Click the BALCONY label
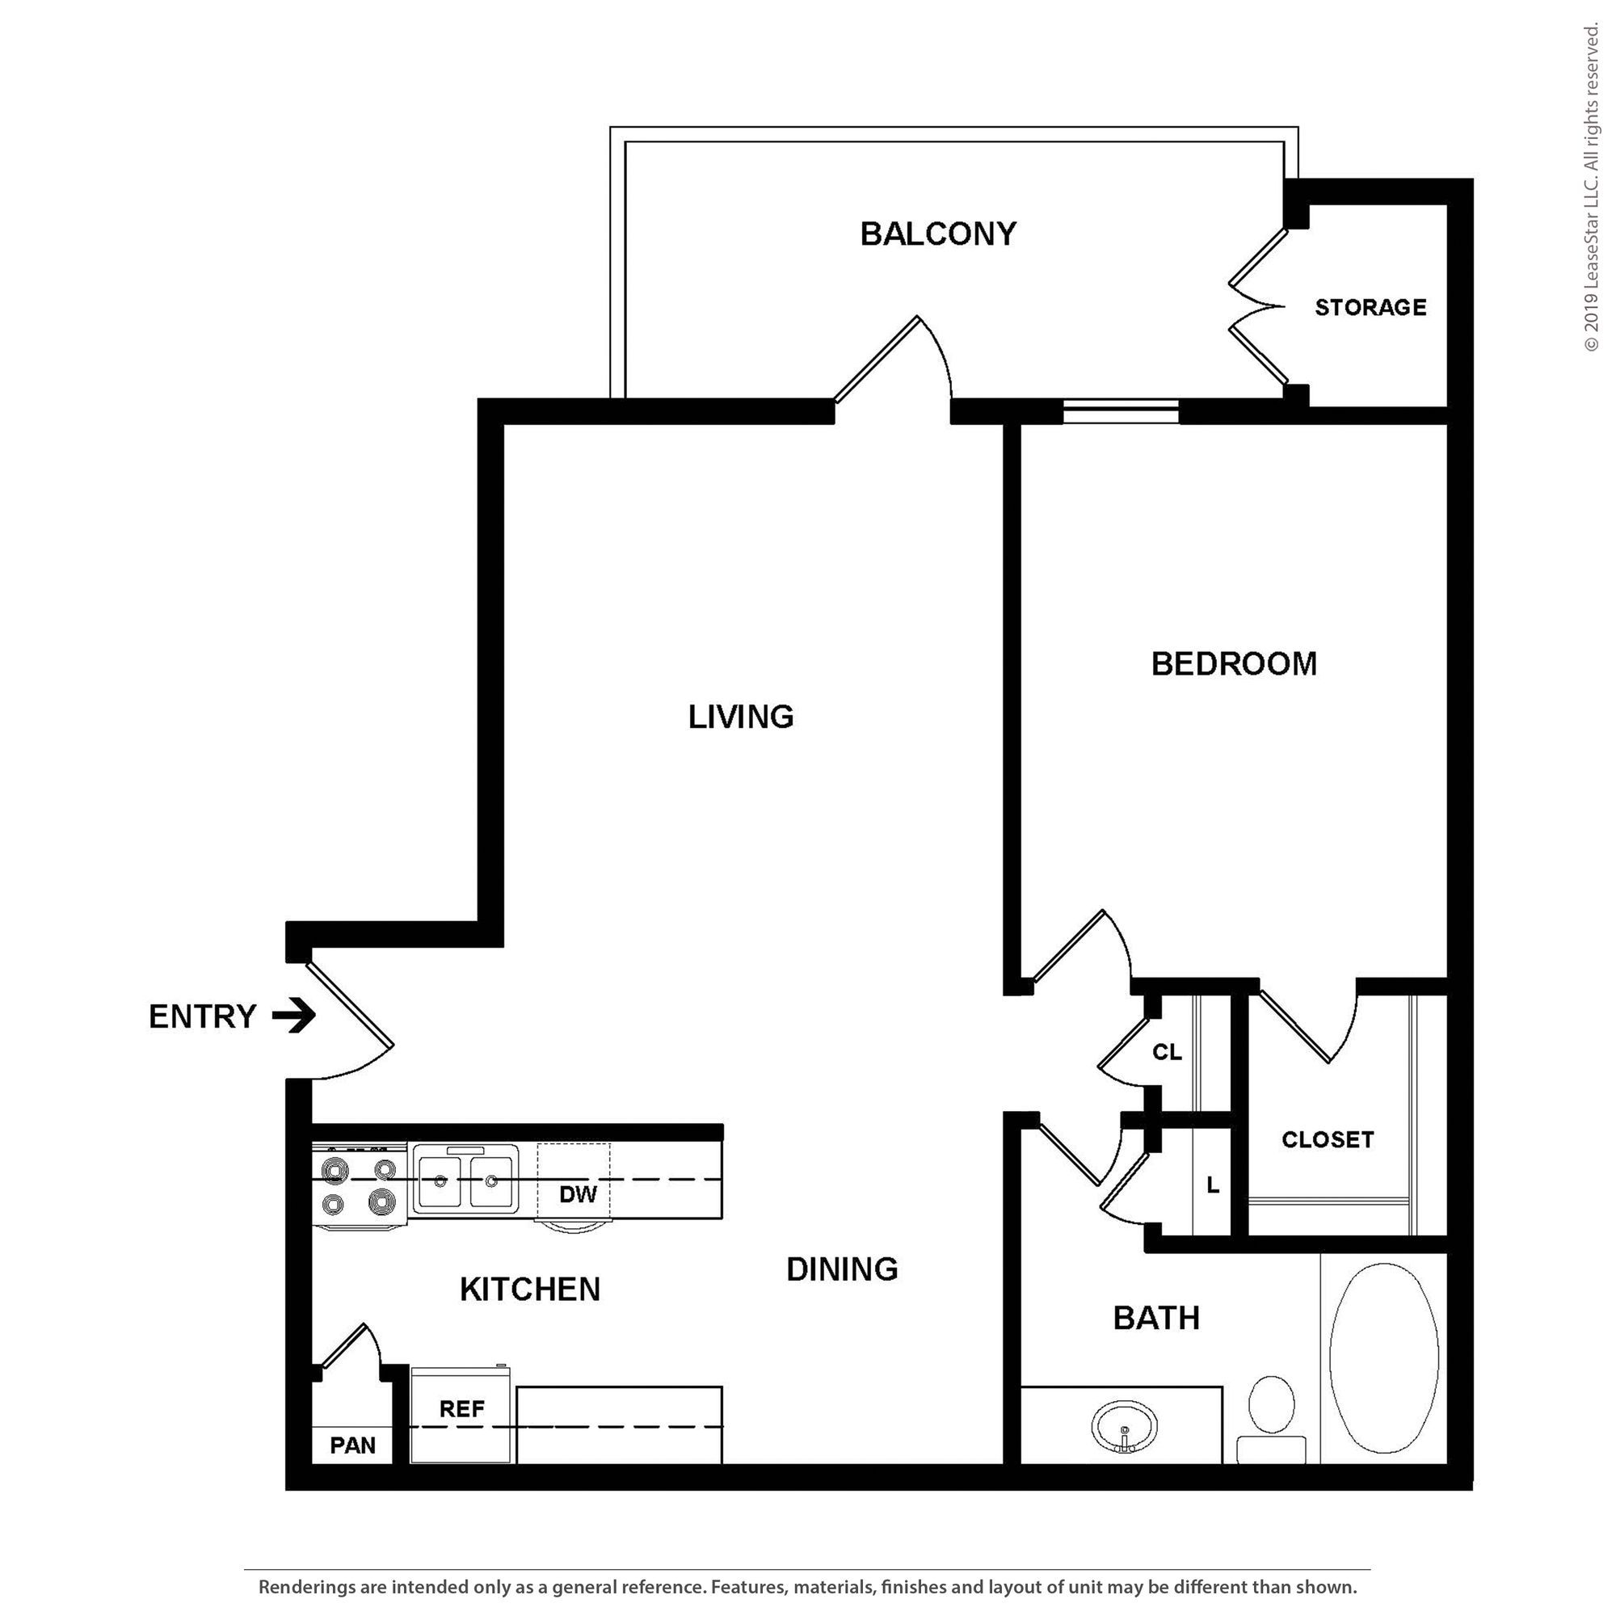point(938,234)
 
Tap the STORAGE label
point(1370,307)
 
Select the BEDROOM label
point(1234,663)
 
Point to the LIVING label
point(741,716)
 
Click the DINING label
point(842,1269)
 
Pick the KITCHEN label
point(530,1289)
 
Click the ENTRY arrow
point(293,1016)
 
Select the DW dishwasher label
point(578,1193)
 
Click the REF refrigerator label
point(461,1408)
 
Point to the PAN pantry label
point(352,1446)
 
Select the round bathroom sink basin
point(1125,1425)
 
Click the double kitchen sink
point(465,1180)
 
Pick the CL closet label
point(1167,1051)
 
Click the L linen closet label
point(1213,1185)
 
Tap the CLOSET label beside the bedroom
point(1328,1139)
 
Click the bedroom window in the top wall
point(1121,411)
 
